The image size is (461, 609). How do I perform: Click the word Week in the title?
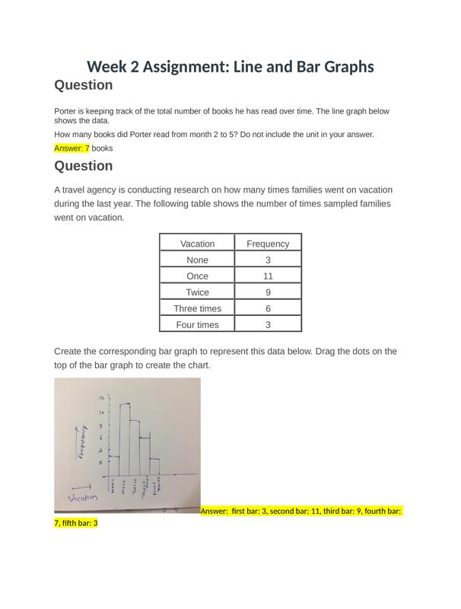point(107,67)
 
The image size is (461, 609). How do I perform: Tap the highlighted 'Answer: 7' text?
point(72,148)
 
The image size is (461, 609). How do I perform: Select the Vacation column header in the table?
point(197,244)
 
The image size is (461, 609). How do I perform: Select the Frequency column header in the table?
point(268,244)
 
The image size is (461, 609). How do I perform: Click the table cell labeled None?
point(197,260)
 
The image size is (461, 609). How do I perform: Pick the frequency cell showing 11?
point(268,276)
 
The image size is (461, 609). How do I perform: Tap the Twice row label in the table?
point(197,292)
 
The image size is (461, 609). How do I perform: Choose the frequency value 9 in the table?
point(268,292)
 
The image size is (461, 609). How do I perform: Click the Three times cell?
point(197,308)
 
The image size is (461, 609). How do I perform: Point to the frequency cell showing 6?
point(268,308)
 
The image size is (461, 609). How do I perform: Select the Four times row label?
point(197,325)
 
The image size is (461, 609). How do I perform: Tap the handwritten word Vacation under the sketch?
point(83,498)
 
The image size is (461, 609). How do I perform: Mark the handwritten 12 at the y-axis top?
point(101,398)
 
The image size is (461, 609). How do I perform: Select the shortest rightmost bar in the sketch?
point(154,467)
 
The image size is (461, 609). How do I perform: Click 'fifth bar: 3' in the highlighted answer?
point(76,524)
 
